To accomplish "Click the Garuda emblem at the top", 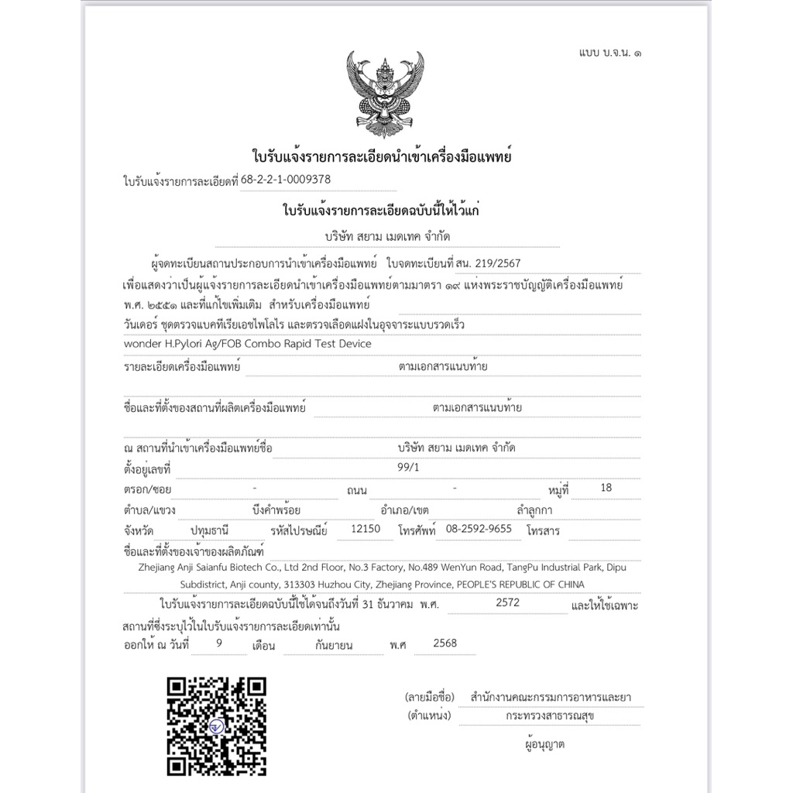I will pyautogui.click(x=385, y=93).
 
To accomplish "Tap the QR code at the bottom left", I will pyautogui.click(x=217, y=726).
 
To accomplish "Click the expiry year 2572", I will pyautogui.click(x=509, y=602).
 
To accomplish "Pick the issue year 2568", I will pyautogui.click(x=445, y=643).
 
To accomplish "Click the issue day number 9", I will pyautogui.click(x=221, y=643).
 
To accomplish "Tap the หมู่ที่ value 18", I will pyautogui.click(x=606, y=488).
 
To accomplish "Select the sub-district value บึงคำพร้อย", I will pyautogui.click(x=276, y=510).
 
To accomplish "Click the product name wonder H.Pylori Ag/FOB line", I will pyautogui.click(x=248, y=343).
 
